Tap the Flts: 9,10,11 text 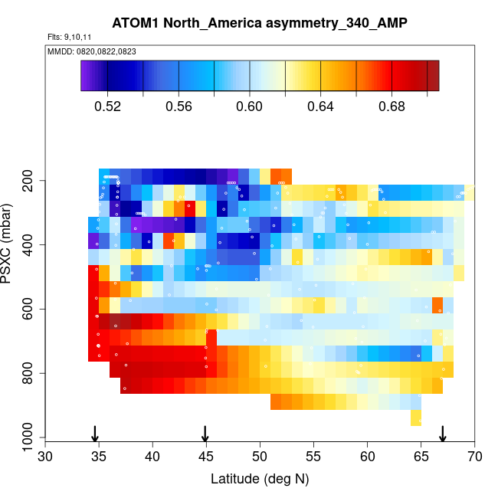pyautogui.click(x=70, y=37)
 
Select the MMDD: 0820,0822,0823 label pyautogui.click(x=87, y=51)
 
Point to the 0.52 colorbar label pyautogui.click(x=107, y=106)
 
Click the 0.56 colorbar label pyautogui.click(x=179, y=106)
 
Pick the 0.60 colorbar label pyautogui.click(x=250, y=106)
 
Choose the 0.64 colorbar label pyautogui.click(x=321, y=106)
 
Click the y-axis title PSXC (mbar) pyautogui.click(x=8, y=244)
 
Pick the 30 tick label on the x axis pyautogui.click(x=45, y=457)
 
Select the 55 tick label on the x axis pyautogui.click(x=313, y=457)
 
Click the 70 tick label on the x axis pyautogui.click(x=474, y=457)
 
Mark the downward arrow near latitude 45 pyautogui.click(x=205, y=433)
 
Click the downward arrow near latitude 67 pyautogui.click(x=442, y=433)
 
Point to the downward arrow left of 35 pyautogui.click(x=94, y=433)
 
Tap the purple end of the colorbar pyautogui.click(x=86, y=76)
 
